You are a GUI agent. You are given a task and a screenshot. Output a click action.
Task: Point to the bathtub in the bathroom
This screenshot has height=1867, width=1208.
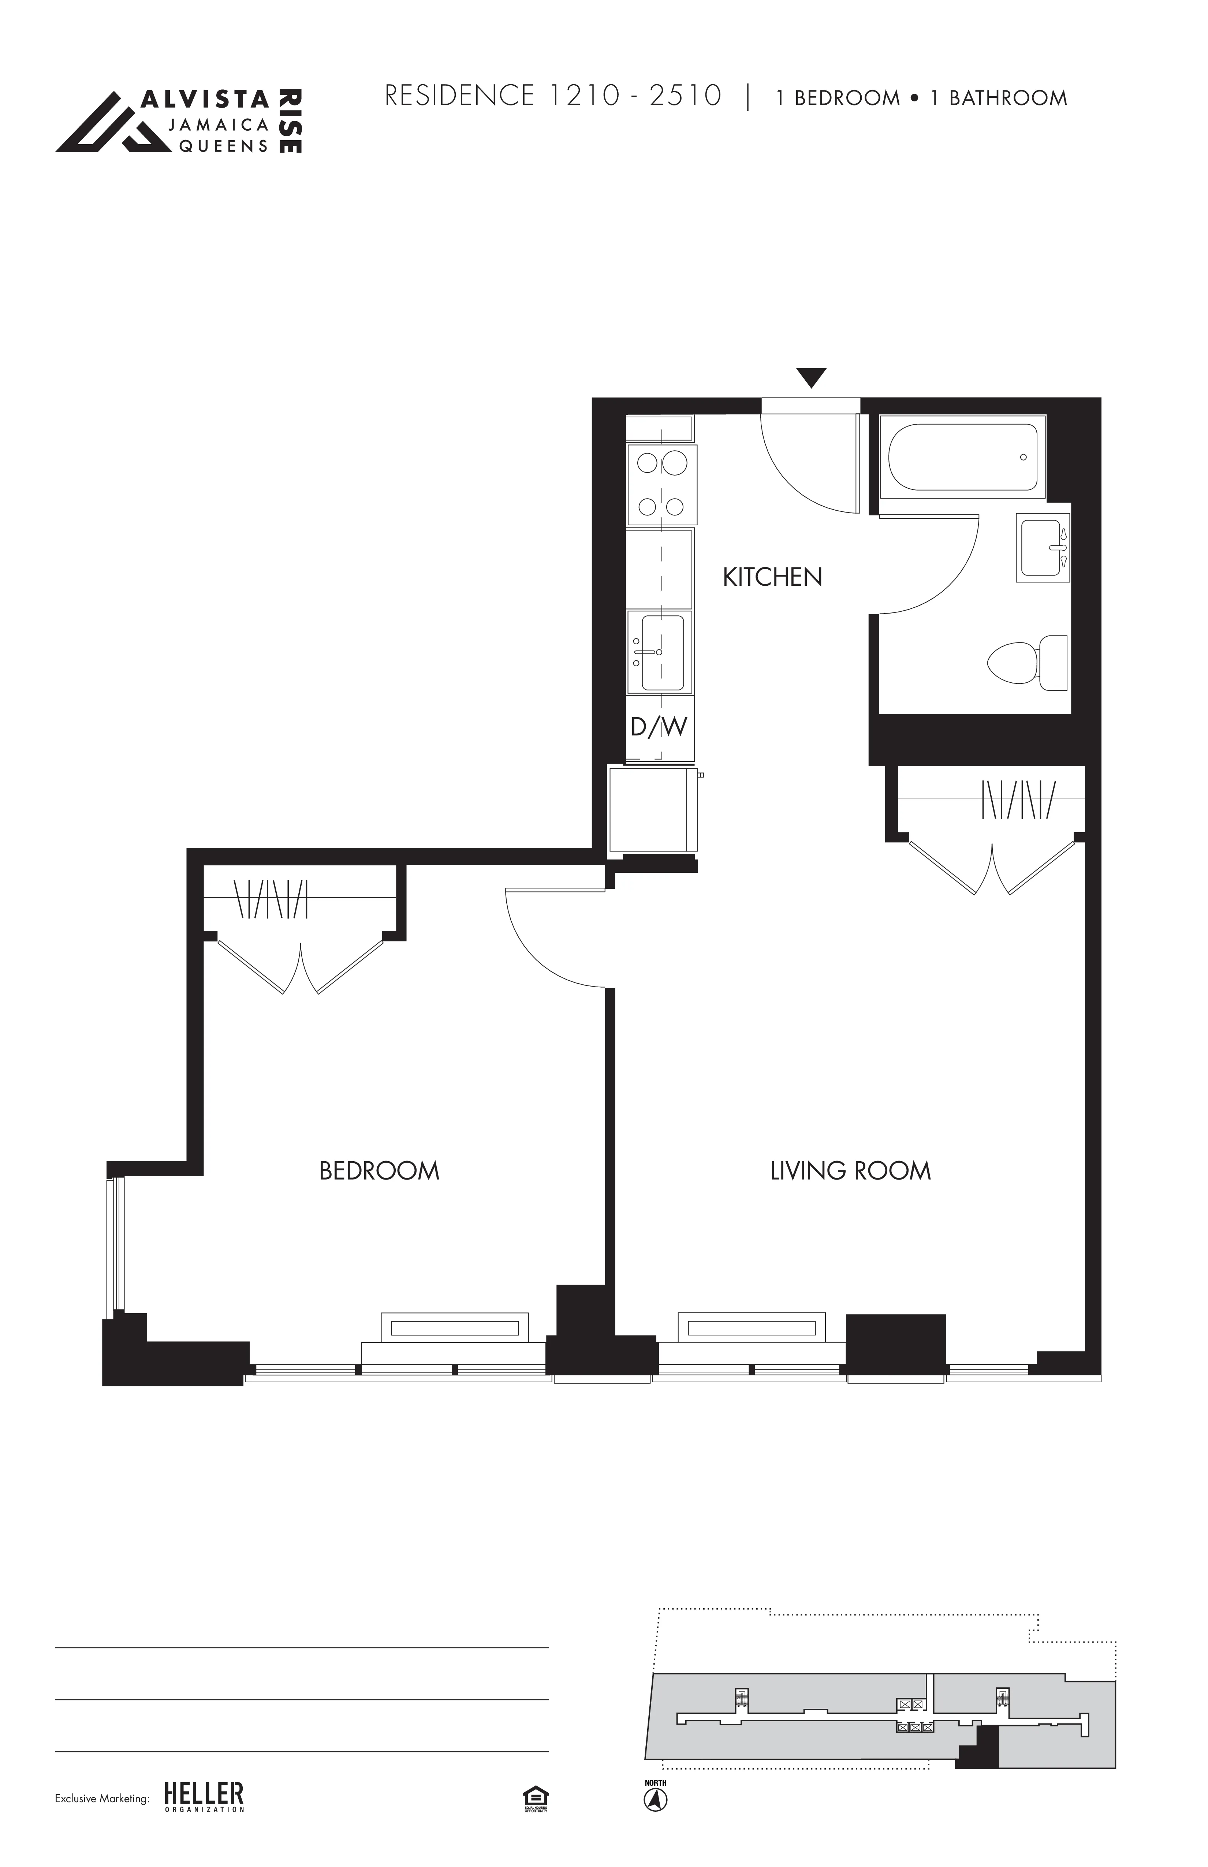[x=962, y=457]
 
